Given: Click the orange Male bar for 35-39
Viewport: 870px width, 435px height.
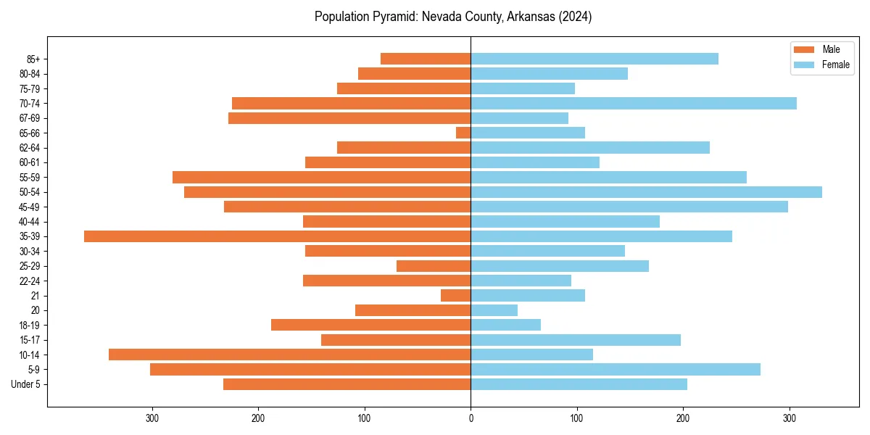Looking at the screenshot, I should (x=278, y=236).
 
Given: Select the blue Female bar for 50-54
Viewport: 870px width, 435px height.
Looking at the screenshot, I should (x=646, y=192).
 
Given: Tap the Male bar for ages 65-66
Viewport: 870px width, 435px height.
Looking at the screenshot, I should (x=463, y=133).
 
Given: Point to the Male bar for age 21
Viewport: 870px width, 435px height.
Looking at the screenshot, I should (x=456, y=296).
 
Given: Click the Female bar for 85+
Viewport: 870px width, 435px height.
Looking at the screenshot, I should (x=594, y=59).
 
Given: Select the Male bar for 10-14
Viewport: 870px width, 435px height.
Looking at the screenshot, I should (x=290, y=355).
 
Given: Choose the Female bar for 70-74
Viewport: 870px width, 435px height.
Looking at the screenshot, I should (x=634, y=103).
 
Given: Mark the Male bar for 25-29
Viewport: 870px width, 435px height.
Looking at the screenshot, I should (x=434, y=266).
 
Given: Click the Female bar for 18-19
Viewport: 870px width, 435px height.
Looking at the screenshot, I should (x=506, y=325).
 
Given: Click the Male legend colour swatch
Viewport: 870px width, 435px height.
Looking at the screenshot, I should (x=804, y=49).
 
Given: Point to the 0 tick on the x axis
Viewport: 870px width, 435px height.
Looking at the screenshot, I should (x=471, y=418).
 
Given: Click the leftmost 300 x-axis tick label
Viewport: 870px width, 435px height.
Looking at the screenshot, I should (x=152, y=418).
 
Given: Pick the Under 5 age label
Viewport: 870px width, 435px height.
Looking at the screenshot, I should (x=25, y=384).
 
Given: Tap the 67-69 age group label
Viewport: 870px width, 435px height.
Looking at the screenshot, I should (x=29, y=118).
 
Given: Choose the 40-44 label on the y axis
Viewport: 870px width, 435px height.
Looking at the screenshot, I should (x=29, y=222).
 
